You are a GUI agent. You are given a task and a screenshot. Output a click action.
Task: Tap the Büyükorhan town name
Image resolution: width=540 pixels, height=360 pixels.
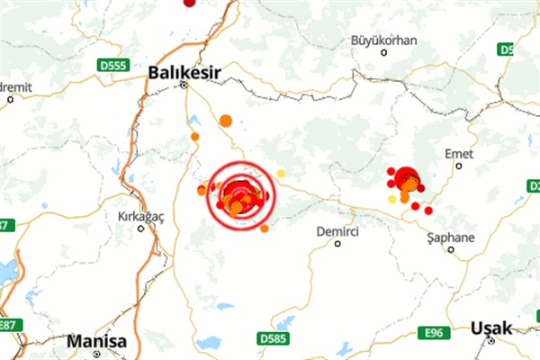[x=384, y=40]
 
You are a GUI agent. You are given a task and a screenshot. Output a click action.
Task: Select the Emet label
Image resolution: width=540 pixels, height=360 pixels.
[x=459, y=155]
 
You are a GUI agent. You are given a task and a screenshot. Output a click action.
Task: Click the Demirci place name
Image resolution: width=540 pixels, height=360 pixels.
[x=337, y=231]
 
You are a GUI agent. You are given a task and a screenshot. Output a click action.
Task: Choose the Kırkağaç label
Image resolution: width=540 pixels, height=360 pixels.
[x=139, y=217]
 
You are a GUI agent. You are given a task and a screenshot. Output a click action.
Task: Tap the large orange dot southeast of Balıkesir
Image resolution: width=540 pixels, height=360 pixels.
[x=225, y=121]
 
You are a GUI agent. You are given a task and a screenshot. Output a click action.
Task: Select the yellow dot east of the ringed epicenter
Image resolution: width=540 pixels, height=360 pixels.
[x=281, y=173]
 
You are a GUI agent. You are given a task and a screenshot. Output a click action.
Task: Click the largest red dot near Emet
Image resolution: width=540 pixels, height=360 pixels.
[x=406, y=177]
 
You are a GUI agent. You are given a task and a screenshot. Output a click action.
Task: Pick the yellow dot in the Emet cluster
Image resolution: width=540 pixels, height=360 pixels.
[x=391, y=199]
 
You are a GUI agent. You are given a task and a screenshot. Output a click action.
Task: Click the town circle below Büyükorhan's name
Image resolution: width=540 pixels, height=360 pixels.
[x=384, y=52]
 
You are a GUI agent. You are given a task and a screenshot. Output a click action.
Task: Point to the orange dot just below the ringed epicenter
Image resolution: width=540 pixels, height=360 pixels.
[x=265, y=229]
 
